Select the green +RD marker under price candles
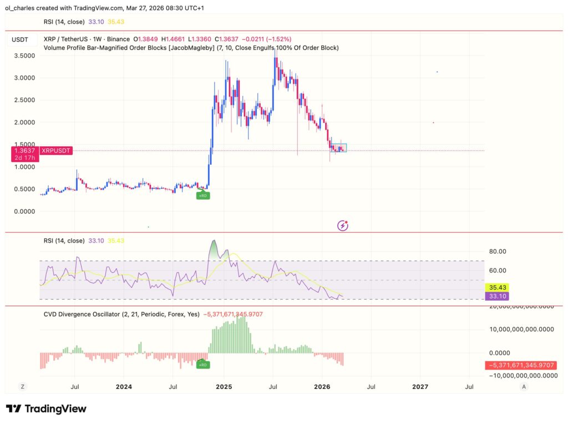(204, 195)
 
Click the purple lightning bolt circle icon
(343, 225)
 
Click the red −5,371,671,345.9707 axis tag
(521, 365)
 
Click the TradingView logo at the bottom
(47, 409)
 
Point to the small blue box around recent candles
(338, 148)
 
